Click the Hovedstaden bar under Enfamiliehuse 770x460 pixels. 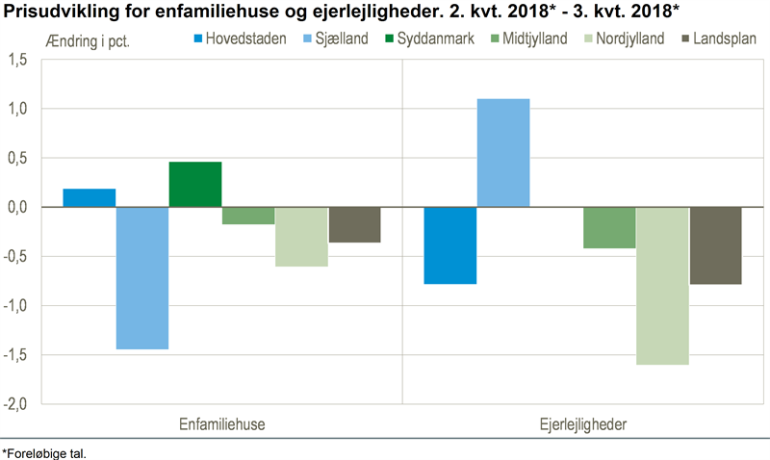(90, 197)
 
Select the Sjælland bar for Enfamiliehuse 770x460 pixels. (142, 278)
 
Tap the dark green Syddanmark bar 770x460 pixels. (195, 184)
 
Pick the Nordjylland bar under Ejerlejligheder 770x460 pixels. (662, 286)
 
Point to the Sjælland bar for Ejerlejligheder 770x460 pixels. (503, 153)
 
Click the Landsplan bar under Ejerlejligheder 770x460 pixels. (716, 245)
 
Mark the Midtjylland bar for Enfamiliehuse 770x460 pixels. (248, 216)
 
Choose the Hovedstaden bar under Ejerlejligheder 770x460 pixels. (450, 245)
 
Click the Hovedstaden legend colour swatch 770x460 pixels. (198, 39)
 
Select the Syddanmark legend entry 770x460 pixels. (423, 39)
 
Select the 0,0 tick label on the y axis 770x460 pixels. (16, 207)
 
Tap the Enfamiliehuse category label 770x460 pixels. (222, 424)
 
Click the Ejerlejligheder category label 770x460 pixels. (583, 424)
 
